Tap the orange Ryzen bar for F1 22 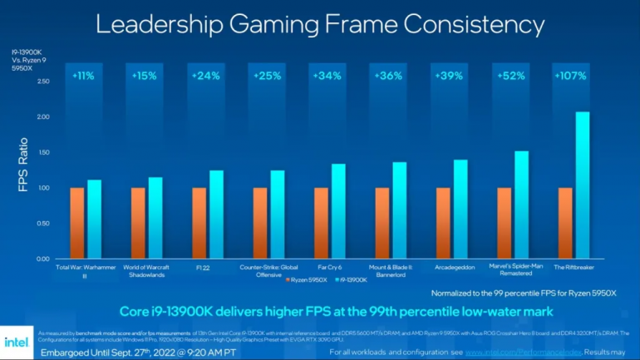click(199, 223)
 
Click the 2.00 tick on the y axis click(42, 117)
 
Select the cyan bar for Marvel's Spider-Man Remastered click(521, 205)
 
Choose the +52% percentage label click(510, 76)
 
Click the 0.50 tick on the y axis click(42, 224)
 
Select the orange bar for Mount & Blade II click(382, 223)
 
